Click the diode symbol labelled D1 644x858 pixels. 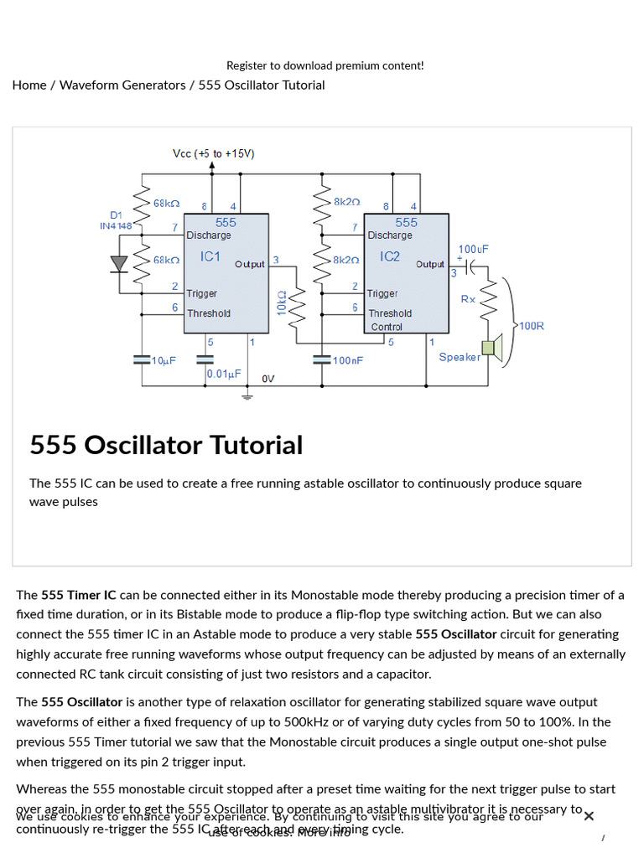pos(120,264)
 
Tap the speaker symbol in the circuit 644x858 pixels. pos(492,349)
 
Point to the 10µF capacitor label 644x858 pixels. pos(163,360)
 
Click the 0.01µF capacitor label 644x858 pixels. pos(225,374)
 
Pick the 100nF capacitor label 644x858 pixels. pos(347,360)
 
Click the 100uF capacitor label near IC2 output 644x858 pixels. pos(473,250)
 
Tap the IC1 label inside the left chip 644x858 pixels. pos(210,256)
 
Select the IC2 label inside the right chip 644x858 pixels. pos(390,256)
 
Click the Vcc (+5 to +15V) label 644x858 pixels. pos(213,153)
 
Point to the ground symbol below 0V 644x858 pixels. pos(247,395)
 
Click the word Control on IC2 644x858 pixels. pos(386,327)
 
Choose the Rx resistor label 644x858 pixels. pos(468,299)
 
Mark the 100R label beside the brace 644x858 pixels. pos(532,325)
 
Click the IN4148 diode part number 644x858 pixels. pos(116,226)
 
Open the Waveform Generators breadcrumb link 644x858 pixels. pos(122,85)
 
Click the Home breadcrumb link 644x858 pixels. pos(29,85)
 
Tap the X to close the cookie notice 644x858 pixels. pos(589,816)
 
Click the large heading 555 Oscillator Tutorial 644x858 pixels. pos(166,445)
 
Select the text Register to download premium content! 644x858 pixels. pos(325,65)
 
